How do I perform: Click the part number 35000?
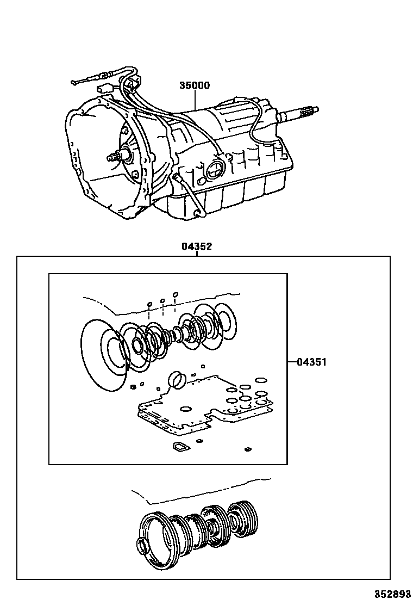(x=194, y=85)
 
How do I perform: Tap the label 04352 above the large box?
(x=196, y=246)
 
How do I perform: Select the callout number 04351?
(x=311, y=362)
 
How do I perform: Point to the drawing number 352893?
(x=391, y=594)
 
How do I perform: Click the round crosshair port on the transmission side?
(x=214, y=169)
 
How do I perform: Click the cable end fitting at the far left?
(x=75, y=83)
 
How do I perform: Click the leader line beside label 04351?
(x=292, y=362)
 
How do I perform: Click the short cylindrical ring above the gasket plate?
(x=177, y=380)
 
